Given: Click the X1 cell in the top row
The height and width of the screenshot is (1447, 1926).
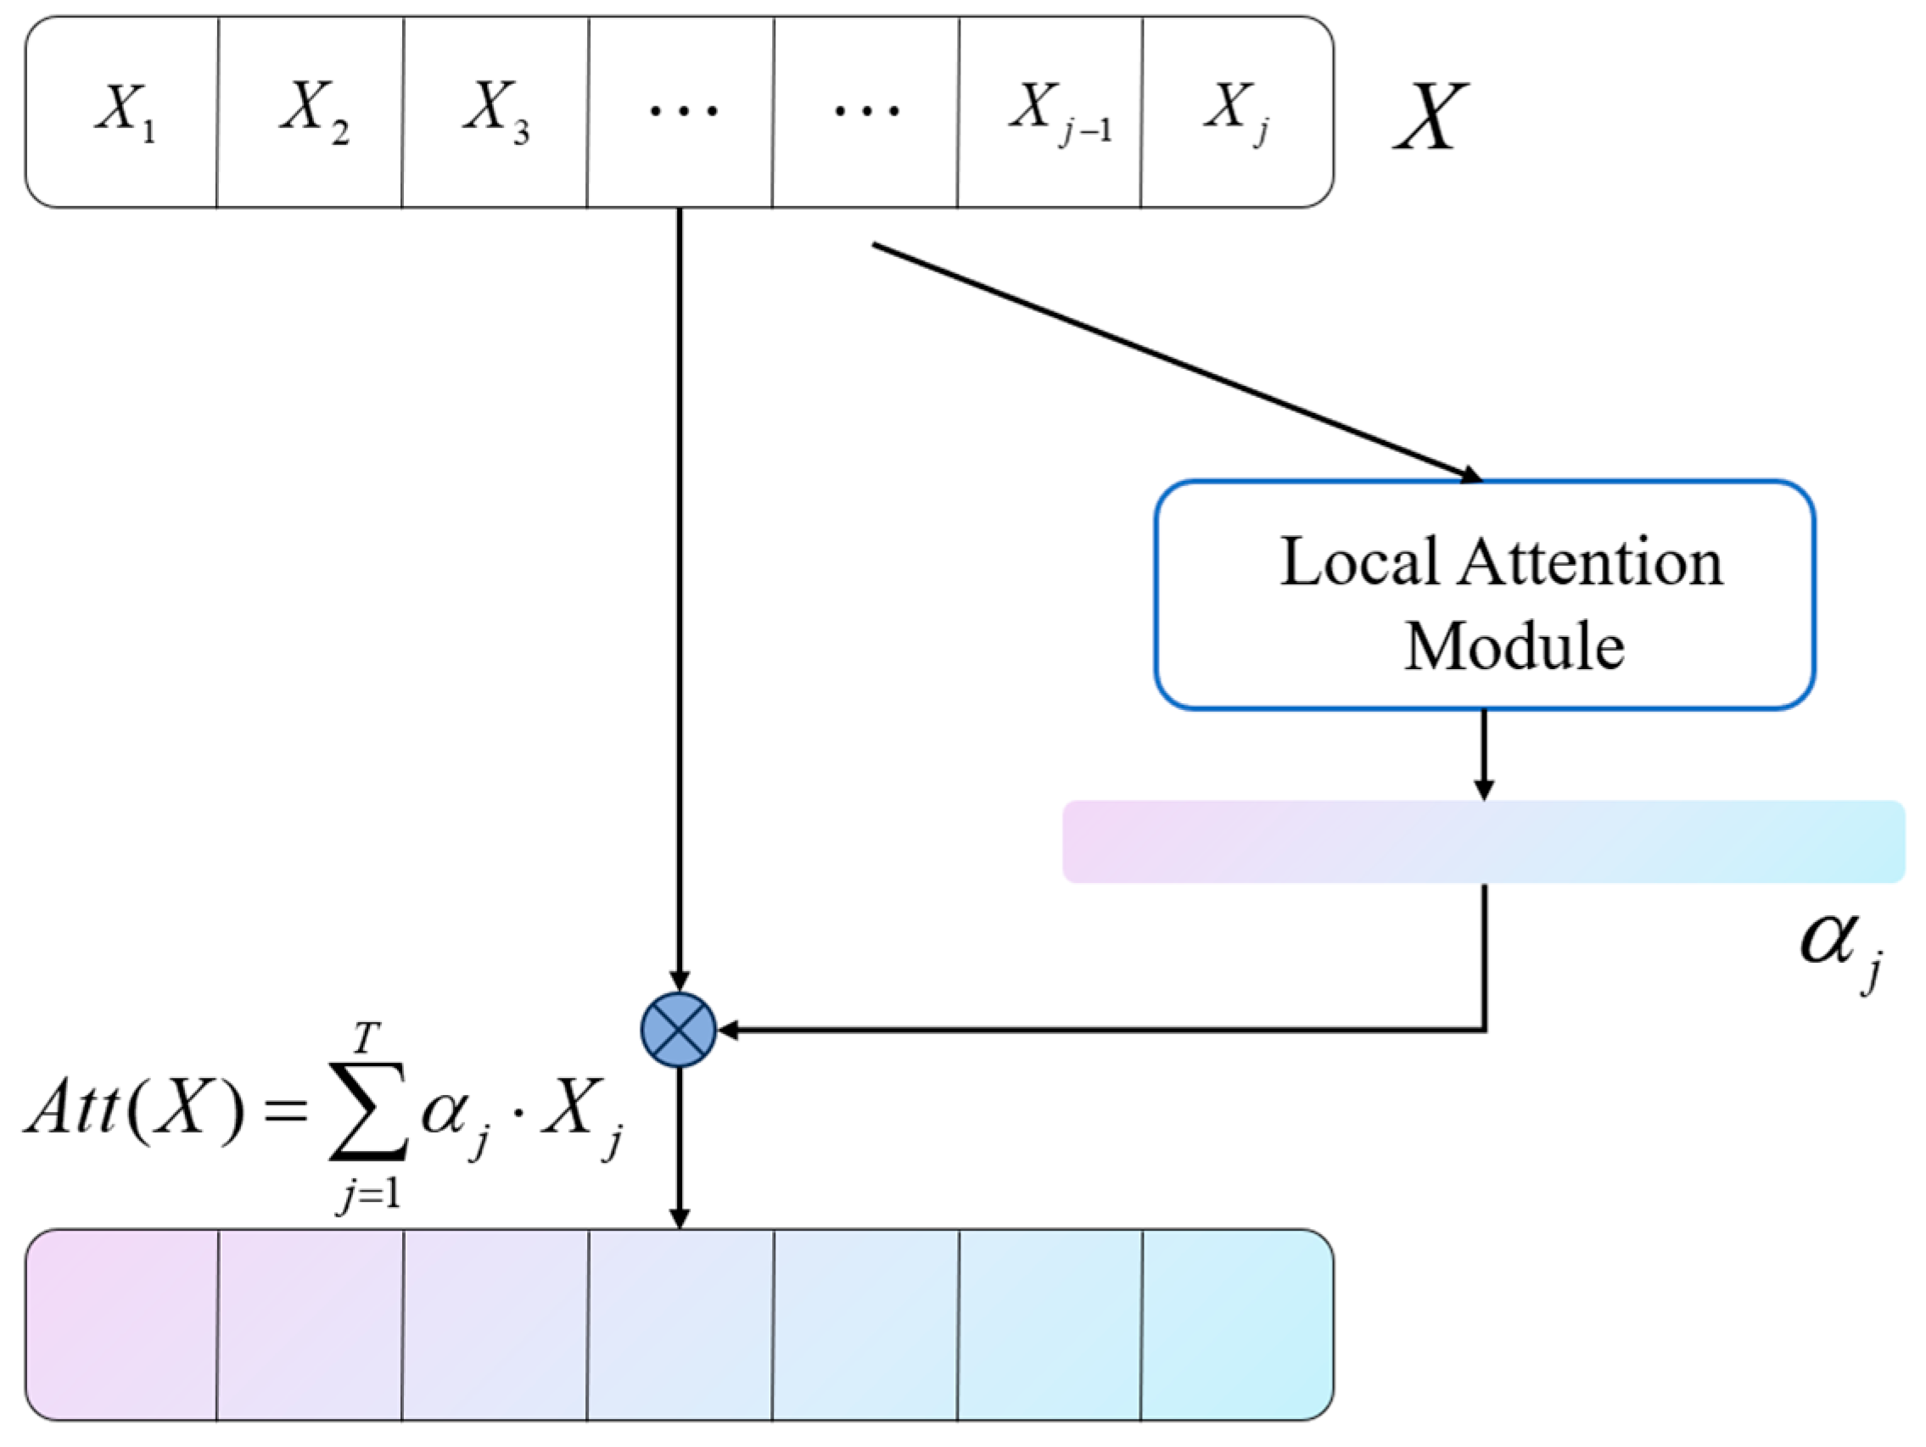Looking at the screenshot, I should click(122, 111).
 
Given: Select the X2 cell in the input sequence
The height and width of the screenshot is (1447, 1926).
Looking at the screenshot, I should click(310, 111).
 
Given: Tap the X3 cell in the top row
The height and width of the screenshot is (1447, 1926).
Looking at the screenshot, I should click(495, 111).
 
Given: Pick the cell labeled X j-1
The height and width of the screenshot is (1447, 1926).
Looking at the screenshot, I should click(1050, 111).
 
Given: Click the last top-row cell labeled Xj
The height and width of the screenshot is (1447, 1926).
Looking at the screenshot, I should click(1236, 111).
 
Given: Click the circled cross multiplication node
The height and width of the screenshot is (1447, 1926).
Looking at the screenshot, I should click(678, 1030).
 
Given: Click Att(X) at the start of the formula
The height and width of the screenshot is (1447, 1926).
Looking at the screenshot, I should click(131, 1111).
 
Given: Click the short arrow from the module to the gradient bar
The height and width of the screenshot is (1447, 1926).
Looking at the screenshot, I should click(1484, 752).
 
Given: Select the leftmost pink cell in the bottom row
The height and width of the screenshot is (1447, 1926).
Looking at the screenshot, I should click(122, 1325).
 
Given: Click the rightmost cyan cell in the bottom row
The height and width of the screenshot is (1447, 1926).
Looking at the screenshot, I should click(1236, 1325).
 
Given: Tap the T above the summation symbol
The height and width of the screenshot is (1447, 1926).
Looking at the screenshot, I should click(366, 1038).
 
